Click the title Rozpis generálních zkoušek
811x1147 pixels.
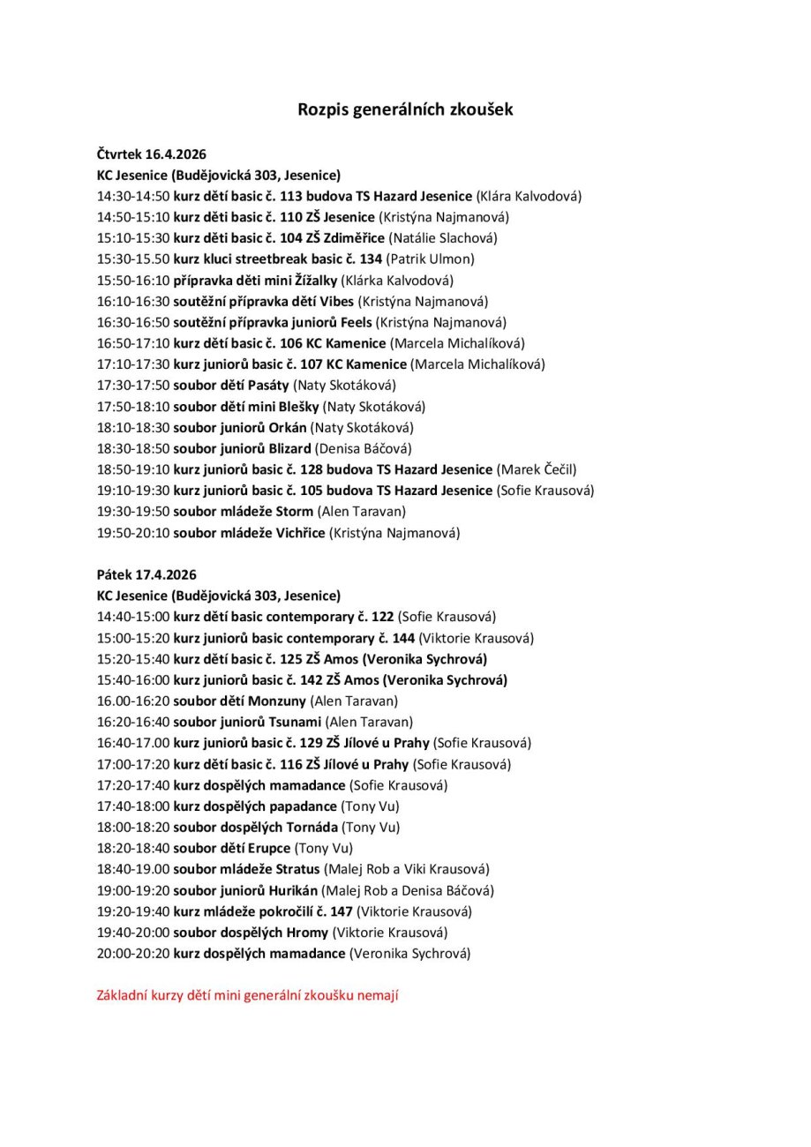[405, 110]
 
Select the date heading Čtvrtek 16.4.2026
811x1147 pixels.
[151, 154]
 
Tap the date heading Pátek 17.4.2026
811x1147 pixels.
[146, 574]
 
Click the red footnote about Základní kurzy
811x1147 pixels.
[247, 995]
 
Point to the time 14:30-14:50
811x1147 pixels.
[133, 196]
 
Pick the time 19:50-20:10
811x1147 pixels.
[133, 532]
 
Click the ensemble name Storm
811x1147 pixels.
[296, 511]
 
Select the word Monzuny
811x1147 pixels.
[278, 701]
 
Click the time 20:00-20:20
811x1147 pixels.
[133, 953]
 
